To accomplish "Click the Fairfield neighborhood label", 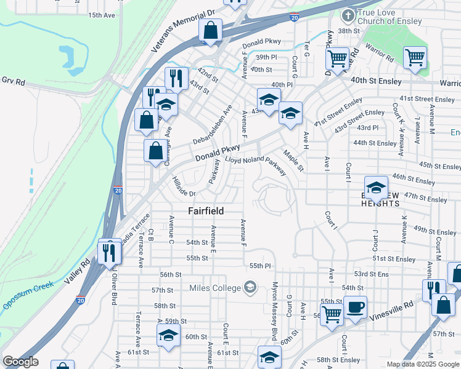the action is pos(206,210).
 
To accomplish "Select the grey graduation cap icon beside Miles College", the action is pos(250,287).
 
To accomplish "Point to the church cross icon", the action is pos(348,15).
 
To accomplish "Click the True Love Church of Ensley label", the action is pos(391,17).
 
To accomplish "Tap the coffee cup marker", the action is pos(354,307).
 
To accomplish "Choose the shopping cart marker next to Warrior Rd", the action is pos(415,58).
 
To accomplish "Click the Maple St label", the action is pos(293,161).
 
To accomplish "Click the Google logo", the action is pos(21,362).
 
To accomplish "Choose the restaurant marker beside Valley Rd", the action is pos(110,252).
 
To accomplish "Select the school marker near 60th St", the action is pos(168,336).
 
